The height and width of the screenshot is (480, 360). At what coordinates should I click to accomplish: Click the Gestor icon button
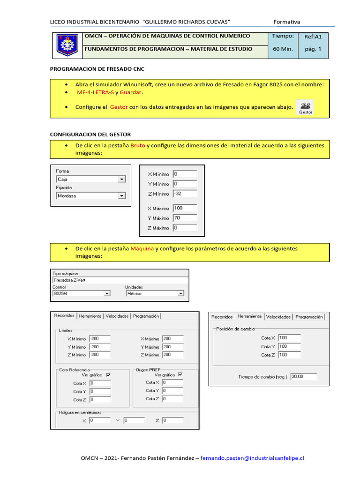(x=306, y=107)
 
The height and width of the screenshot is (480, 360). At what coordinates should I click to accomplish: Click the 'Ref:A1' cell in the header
(x=313, y=36)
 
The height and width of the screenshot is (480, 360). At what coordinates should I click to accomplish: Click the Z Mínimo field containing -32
(x=184, y=193)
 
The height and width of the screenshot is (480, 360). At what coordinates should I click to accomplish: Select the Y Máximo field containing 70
(x=184, y=218)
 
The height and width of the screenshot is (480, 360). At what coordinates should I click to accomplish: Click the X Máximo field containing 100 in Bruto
(x=184, y=208)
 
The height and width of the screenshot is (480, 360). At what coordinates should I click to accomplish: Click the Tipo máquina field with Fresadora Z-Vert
(x=120, y=280)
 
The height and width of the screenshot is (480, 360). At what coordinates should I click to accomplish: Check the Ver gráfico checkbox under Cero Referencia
(x=108, y=375)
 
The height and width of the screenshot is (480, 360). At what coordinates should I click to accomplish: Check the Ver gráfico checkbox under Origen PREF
(x=180, y=375)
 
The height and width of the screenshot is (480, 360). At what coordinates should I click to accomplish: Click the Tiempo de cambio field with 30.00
(x=303, y=376)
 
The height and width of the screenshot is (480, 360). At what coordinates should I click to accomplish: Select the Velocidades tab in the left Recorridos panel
(x=117, y=316)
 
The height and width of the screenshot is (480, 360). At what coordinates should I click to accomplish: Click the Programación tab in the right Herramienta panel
(x=309, y=317)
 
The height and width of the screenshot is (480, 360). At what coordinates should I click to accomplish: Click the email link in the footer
(x=252, y=458)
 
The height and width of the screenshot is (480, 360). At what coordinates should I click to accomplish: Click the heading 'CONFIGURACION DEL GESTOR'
(x=90, y=135)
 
